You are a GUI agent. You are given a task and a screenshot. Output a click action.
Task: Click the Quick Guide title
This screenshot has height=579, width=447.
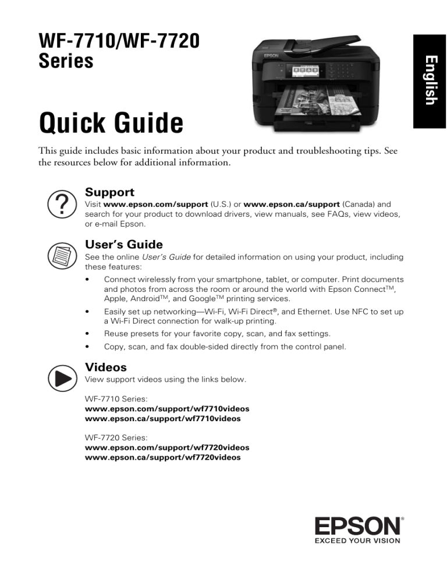tap(111, 123)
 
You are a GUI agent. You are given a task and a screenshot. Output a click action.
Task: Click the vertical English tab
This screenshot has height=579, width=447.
tap(429, 80)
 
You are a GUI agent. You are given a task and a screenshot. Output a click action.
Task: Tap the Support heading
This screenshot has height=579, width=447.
tap(109, 192)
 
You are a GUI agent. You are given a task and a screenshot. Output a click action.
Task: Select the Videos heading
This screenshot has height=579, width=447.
tap(105, 367)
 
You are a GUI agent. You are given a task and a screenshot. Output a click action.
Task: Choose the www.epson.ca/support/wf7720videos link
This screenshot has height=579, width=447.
tap(162, 457)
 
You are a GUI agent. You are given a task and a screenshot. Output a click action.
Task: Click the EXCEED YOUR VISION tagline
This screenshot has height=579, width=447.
tap(358, 541)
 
